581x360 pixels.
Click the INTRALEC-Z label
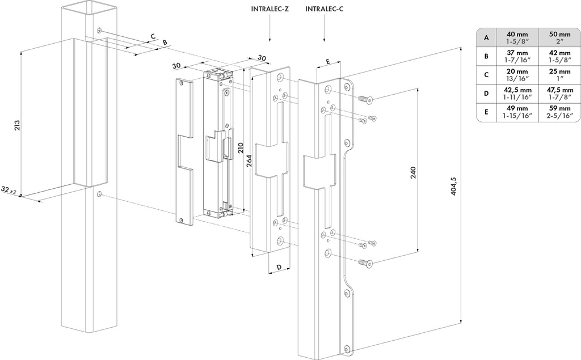pos(270,9)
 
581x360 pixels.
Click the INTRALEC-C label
pos(324,9)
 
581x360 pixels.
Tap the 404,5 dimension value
pos(453,187)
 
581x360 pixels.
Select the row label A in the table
pos(486,37)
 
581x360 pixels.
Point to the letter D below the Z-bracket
pos(279,267)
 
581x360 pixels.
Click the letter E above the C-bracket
pos(328,61)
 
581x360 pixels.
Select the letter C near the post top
pos(151,36)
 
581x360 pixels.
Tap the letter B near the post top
pos(165,43)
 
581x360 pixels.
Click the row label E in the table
pos(486,112)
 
